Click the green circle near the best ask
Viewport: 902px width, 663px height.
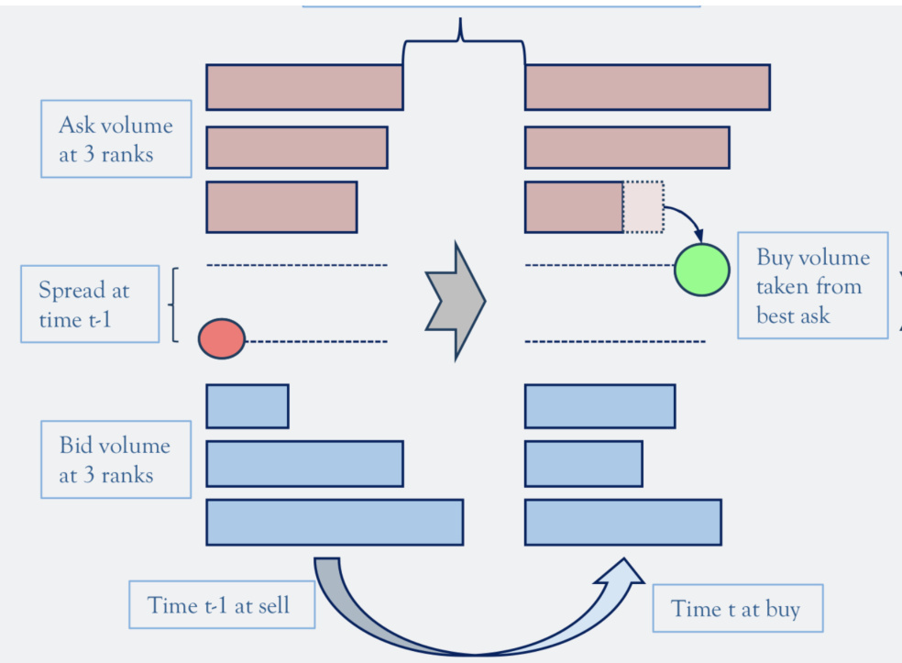point(702,270)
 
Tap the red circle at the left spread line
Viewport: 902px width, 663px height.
point(222,339)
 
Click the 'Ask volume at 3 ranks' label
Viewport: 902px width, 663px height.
point(115,138)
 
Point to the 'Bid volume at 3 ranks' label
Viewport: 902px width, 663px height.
point(115,459)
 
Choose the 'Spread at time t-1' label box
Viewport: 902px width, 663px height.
point(89,304)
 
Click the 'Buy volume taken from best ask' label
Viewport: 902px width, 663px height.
point(812,285)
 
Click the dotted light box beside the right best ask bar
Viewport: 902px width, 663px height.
point(643,206)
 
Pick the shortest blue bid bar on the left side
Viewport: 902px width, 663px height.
point(247,406)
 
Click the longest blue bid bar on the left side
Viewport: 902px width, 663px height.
point(335,522)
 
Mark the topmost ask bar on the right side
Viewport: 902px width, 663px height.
point(646,87)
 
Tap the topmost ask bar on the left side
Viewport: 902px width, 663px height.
point(304,87)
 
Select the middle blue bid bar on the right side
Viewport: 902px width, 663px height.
point(583,463)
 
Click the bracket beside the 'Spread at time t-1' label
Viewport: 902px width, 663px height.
point(173,304)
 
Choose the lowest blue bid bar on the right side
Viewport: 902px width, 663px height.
point(622,522)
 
